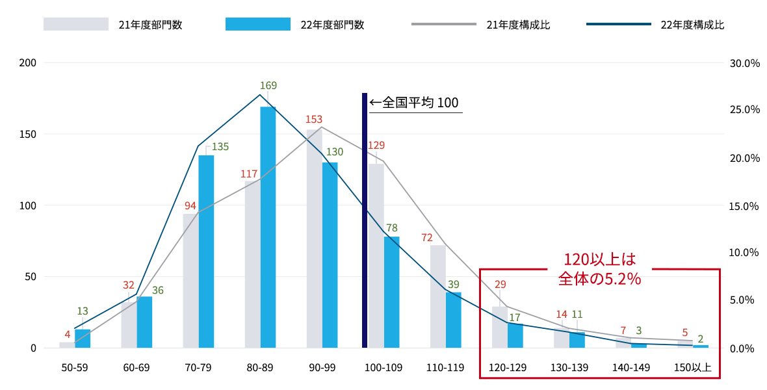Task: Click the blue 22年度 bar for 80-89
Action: pos(268,227)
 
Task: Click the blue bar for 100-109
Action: pos(391,292)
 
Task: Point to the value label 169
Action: pos(268,86)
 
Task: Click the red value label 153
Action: pos(314,120)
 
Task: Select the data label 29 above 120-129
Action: pos(500,284)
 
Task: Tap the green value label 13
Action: pos(83,311)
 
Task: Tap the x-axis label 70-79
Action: pos(198,367)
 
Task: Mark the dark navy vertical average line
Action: pos(365,221)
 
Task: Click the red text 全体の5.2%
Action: pos(599,278)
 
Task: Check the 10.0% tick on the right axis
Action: pos(745,253)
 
